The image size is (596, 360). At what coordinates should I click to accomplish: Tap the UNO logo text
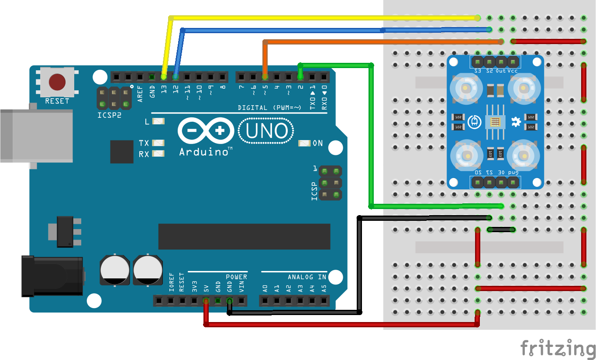point(266,131)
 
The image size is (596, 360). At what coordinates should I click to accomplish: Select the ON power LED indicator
point(304,143)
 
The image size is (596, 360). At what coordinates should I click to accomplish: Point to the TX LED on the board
point(158,143)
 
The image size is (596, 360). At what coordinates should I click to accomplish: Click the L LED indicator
point(158,122)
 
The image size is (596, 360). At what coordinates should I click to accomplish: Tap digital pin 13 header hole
point(164,77)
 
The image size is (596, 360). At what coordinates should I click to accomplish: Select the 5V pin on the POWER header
point(206,300)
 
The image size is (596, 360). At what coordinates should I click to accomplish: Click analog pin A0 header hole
point(265,300)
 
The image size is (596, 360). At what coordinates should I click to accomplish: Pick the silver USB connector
point(35,135)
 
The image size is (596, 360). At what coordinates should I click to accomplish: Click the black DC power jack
point(52,276)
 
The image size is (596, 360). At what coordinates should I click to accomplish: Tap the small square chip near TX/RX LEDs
point(122,151)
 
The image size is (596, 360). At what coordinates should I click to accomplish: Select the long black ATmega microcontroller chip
point(244,237)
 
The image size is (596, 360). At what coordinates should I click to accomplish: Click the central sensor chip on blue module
point(495,122)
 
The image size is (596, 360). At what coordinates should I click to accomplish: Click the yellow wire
point(306,18)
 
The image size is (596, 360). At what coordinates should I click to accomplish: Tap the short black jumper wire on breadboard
point(502,229)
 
